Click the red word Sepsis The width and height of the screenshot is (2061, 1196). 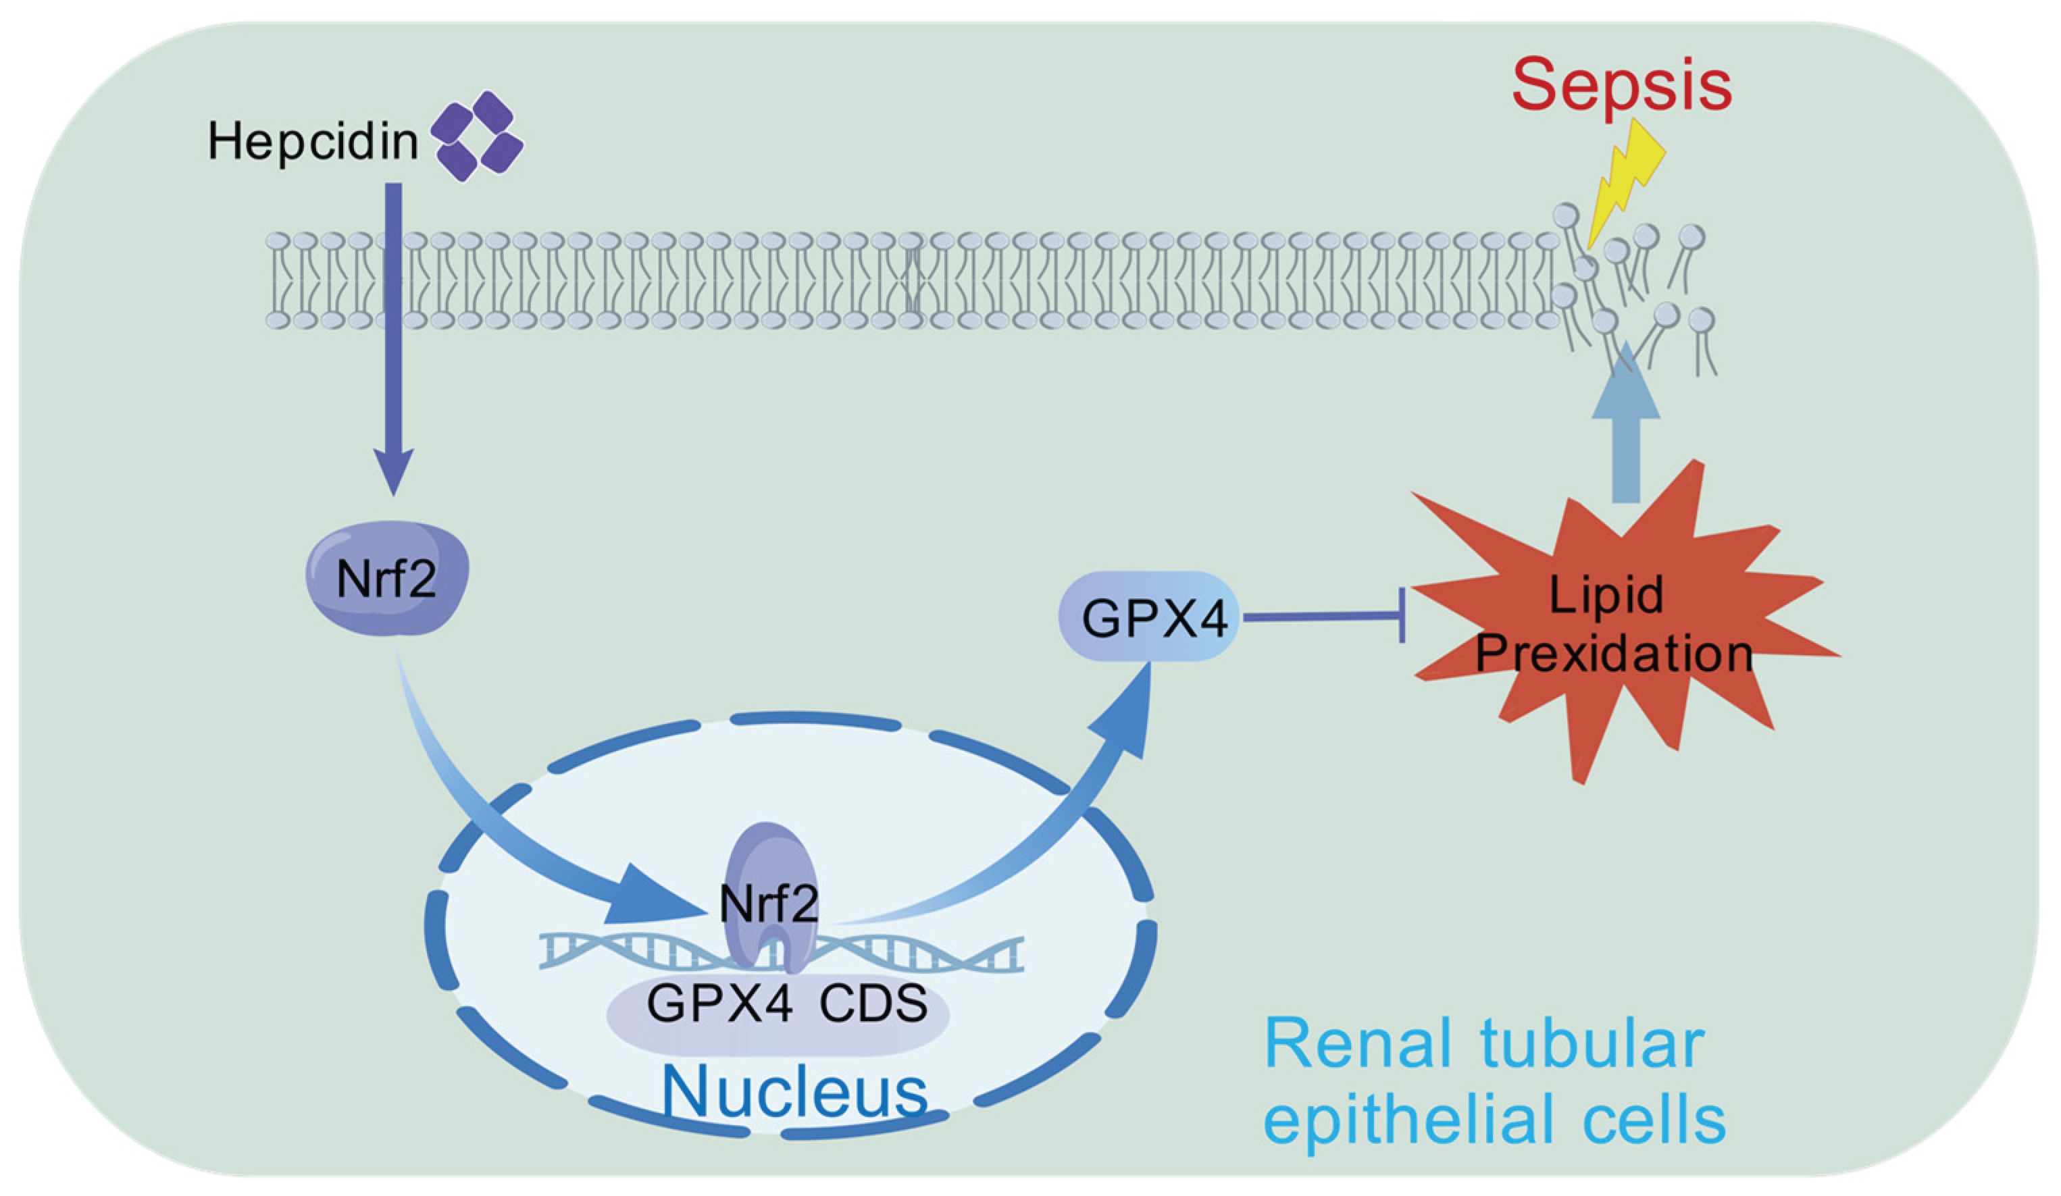(1621, 85)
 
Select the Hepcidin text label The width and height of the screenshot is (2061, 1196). (312, 140)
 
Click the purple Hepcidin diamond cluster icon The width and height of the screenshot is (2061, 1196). (477, 136)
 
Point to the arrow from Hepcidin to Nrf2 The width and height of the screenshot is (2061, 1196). (393, 327)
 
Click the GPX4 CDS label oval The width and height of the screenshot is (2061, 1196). (777, 1014)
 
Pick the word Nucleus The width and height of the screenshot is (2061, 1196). (794, 1091)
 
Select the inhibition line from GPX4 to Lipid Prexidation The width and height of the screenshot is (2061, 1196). (1321, 618)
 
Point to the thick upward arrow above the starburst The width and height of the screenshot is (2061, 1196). (1626, 442)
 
